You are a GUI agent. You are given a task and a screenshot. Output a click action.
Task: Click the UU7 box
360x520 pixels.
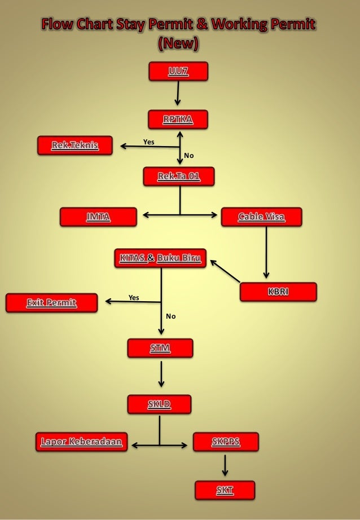coord(178,71)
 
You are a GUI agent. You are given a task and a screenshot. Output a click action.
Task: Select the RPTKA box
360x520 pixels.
coord(178,120)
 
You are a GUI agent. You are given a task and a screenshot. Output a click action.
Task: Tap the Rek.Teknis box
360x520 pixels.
coord(75,146)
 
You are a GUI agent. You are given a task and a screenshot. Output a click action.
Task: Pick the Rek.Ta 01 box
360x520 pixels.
coord(179,177)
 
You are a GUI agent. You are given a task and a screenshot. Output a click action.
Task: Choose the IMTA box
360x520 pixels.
coord(99,217)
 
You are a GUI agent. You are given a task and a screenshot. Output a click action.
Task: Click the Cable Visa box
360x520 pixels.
coord(261,217)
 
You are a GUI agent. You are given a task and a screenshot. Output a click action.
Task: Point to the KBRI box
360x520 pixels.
coord(278,292)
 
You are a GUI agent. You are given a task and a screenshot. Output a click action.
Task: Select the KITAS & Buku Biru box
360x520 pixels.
coord(161,258)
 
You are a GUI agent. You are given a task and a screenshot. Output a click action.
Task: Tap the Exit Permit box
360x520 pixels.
coord(51,303)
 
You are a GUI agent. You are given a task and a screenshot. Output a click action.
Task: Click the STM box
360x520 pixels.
coord(160,348)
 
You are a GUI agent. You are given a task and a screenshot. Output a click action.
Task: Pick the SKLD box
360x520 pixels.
coord(159,404)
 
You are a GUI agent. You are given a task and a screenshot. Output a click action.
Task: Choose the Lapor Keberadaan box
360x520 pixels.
coord(82,442)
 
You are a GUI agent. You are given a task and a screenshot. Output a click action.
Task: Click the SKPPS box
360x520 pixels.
coord(226,442)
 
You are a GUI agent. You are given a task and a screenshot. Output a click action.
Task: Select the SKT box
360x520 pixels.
coord(225,491)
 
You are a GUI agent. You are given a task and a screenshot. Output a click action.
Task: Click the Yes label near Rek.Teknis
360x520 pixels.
coord(148,142)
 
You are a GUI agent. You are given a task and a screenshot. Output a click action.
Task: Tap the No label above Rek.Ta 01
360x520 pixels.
coord(189,155)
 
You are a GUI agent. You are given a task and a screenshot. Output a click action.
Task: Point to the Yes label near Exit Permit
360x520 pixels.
coord(134,297)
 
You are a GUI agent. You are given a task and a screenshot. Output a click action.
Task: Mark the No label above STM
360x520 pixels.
coord(171,316)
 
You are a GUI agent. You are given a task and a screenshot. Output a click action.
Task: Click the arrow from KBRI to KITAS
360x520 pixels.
coord(226,271)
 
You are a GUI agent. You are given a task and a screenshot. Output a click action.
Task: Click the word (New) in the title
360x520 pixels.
coord(179,42)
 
